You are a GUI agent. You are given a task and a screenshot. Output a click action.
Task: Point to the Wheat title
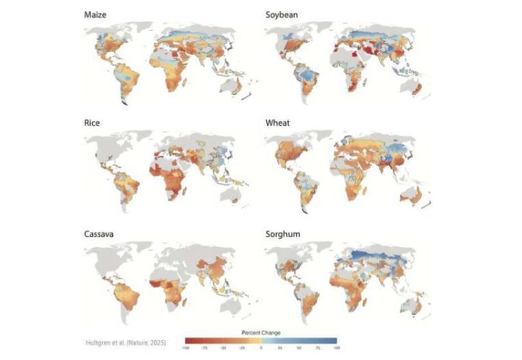point(277,123)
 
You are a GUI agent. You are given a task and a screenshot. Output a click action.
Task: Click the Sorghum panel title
point(282,233)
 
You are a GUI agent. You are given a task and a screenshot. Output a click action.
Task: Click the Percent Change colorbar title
point(260,333)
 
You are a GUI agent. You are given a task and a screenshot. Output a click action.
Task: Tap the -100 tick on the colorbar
point(186,348)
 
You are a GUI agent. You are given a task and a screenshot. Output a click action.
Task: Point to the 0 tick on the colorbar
point(260,348)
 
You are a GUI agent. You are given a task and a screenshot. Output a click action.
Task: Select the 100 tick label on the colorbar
point(336,348)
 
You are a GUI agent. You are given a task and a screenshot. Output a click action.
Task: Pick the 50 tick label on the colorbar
point(298,348)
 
